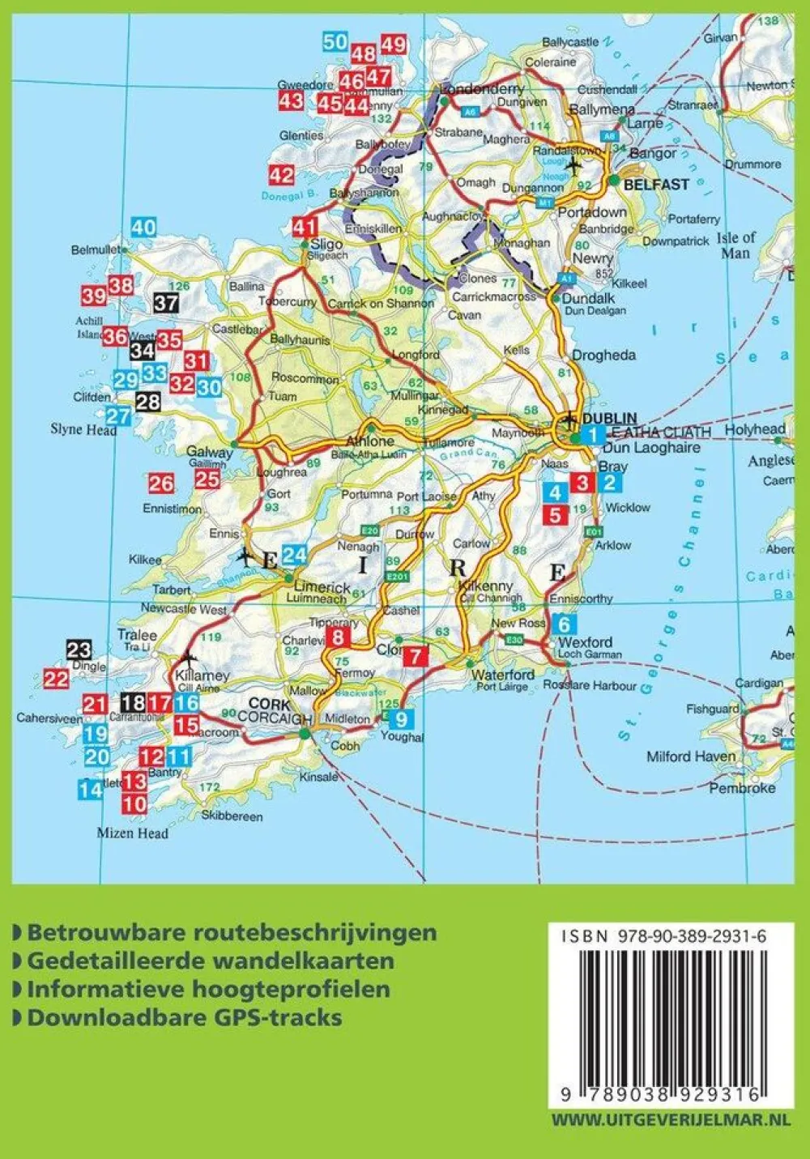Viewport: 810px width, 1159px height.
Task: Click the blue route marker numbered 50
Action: (x=335, y=42)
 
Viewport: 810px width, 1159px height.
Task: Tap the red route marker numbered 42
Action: (x=281, y=175)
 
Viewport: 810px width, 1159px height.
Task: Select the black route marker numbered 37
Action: (x=166, y=303)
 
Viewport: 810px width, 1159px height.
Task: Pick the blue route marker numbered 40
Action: (x=143, y=228)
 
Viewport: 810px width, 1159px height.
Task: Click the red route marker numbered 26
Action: (x=160, y=484)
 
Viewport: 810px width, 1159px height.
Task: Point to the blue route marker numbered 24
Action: (x=294, y=555)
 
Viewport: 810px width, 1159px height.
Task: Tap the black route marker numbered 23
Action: (x=79, y=649)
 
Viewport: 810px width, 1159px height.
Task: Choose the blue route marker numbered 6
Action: (x=564, y=624)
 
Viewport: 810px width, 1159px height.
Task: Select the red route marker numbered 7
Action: (x=415, y=656)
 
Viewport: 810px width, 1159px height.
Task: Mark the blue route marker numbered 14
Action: (x=90, y=788)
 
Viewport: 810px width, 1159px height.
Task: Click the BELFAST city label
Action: (x=656, y=185)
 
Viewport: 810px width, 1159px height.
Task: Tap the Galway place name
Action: (x=210, y=452)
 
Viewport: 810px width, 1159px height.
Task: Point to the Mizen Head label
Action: (x=133, y=833)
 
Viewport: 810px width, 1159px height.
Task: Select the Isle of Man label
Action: (x=735, y=245)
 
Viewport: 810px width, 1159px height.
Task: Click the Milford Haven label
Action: (x=691, y=756)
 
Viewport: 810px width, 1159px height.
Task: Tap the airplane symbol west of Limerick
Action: (x=245, y=556)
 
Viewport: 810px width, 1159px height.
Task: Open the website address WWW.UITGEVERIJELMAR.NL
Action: (x=670, y=1120)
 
